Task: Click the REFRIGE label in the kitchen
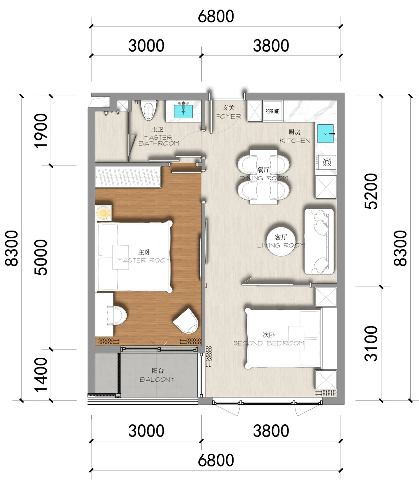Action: pos(272,111)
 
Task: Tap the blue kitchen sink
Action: pos(326,134)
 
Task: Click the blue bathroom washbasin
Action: pos(184,111)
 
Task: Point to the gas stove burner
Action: pos(327,162)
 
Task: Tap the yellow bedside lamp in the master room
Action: pos(104,212)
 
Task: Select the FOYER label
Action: pos(228,116)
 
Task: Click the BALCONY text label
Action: pos(157,380)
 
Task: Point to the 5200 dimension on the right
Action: pos(371,191)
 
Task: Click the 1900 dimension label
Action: pos(41,131)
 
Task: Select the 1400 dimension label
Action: pos(41,375)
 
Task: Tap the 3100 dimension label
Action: pos(371,344)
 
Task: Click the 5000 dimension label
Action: pos(41,258)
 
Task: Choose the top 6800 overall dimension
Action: pos(216,16)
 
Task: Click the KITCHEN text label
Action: pos(295,141)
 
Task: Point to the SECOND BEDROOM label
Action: pos(269,343)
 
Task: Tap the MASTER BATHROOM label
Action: pos(158,140)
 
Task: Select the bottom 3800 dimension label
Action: pos(271,431)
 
